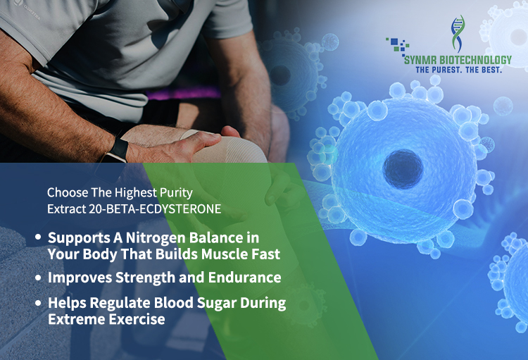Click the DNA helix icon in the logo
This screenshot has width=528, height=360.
point(458,33)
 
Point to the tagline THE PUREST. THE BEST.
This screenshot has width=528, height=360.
point(458,70)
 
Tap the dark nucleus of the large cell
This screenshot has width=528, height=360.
point(403,168)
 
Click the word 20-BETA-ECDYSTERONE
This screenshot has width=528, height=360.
point(155,209)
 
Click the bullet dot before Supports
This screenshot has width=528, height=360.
point(38,237)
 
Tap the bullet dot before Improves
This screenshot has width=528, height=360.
point(38,278)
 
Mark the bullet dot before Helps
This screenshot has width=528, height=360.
point(38,303)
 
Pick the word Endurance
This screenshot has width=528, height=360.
point(244,278)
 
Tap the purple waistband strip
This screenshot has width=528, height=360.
point(184,93)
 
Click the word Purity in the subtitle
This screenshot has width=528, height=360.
point(176,193)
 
